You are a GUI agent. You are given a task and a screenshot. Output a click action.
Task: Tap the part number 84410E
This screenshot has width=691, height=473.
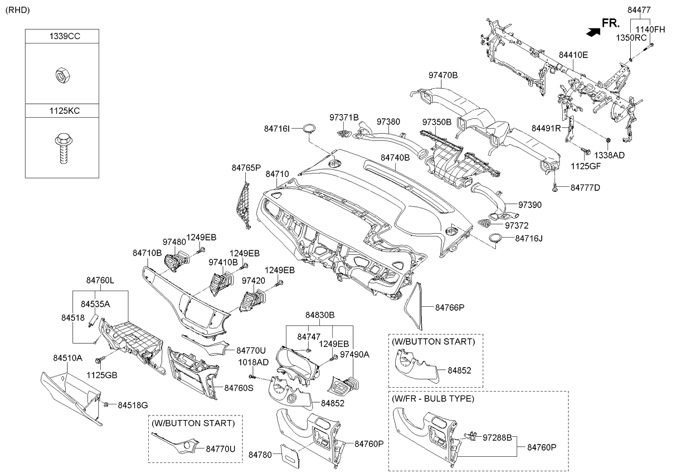pos(573,55)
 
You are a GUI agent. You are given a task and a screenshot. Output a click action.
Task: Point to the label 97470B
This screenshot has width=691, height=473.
pos(443,75)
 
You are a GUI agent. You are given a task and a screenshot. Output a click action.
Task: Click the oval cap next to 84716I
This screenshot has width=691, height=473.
pos(308,129)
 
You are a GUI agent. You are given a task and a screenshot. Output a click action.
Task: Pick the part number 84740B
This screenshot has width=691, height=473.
pos(395,158)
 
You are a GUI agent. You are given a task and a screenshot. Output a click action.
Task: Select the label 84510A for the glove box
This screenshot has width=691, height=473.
pos(67,358)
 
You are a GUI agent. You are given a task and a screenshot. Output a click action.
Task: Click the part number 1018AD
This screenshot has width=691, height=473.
pos(254,362)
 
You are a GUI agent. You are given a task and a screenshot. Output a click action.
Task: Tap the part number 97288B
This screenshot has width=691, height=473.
pos(497,438)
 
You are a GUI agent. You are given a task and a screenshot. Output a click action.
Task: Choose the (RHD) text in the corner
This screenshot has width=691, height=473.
pos(18,10)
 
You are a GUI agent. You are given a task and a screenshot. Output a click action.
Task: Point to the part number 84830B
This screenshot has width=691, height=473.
pos(319,315)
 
